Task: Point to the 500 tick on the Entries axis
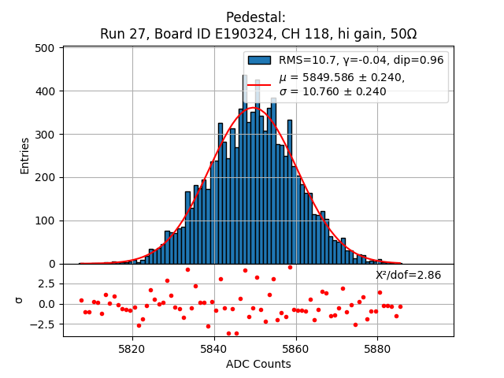[46, 48]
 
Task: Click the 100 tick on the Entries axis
[46, 220]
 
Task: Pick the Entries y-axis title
[25, 156]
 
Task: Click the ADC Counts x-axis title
[258, 364]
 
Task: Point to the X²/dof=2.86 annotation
[408, 275]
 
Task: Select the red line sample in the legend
[260, 84]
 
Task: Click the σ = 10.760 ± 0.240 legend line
[332, 91]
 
